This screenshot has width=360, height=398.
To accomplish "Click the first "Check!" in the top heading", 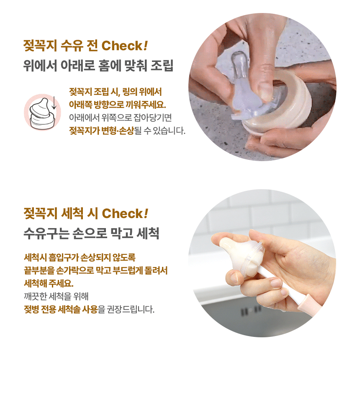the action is pos(124,46).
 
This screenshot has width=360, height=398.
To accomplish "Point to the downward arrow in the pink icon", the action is pos(54,103).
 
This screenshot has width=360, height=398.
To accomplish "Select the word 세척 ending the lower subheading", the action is pos(148,233).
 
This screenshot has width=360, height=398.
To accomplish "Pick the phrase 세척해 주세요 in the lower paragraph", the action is pos(49,283).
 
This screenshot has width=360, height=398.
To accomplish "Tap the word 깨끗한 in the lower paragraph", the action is pos(34,296).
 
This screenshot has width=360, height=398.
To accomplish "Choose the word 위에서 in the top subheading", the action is pos(40,66).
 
